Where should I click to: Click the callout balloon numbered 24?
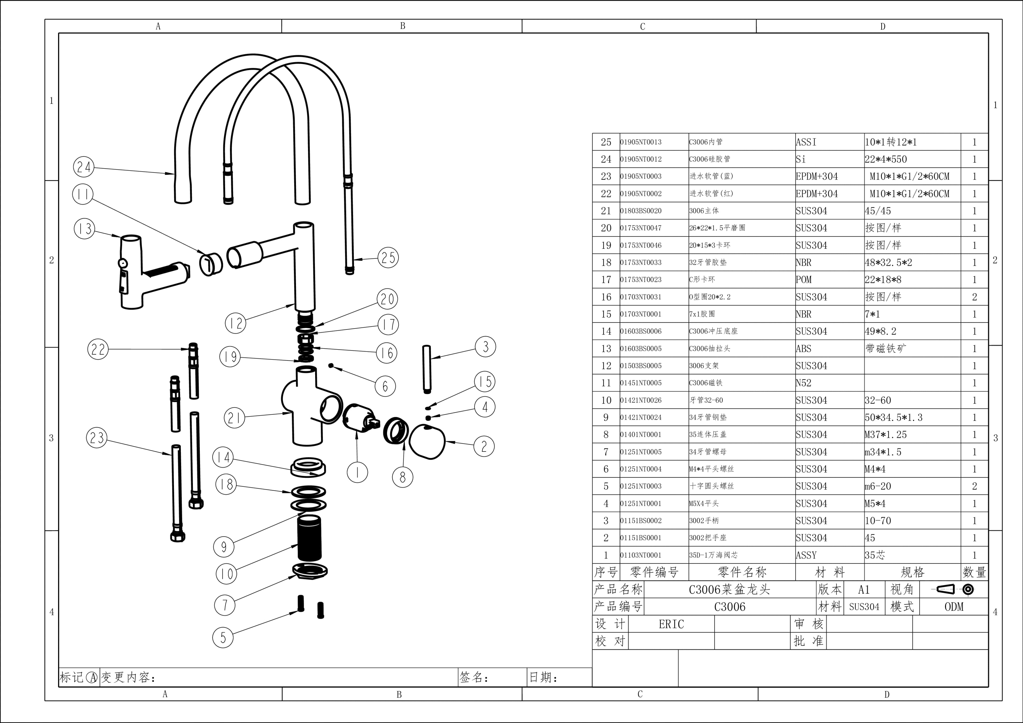click(x=84, y=167)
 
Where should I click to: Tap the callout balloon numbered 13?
click(x=84, y=229)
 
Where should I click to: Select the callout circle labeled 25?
click(x=388, y=257)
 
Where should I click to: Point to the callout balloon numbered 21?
click(x=234, y=418)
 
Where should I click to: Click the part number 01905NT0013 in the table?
click(x=641, y=142)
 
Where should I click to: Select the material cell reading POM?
click(x=804, y=280)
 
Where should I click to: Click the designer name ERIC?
click(x=671, y=624)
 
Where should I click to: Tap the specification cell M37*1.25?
click(x=886, y=434)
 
